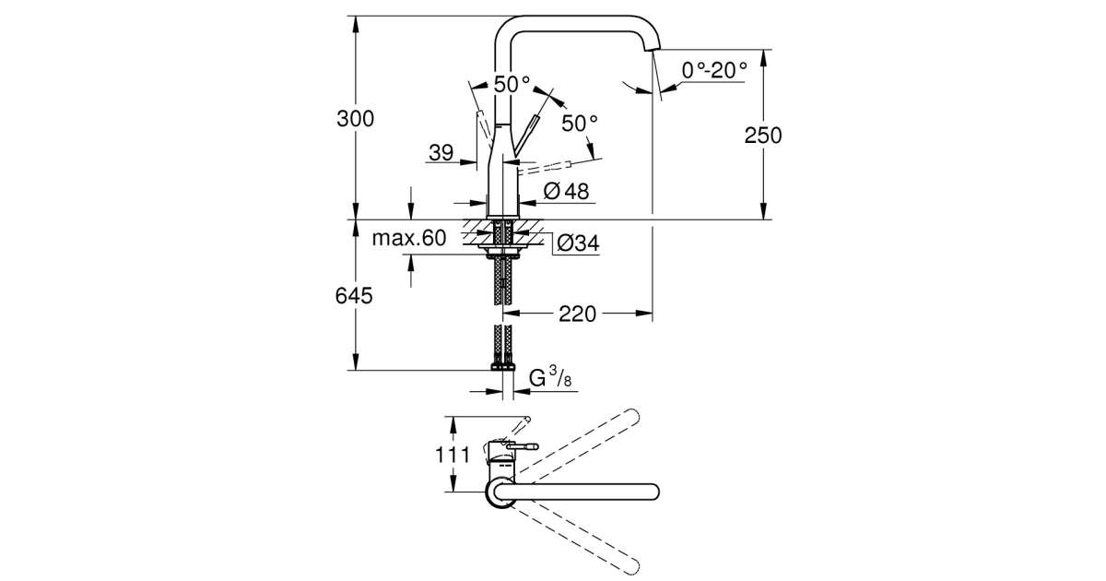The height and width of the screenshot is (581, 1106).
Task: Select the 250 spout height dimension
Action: point(763,135)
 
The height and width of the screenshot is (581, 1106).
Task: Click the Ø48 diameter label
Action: point(566,191)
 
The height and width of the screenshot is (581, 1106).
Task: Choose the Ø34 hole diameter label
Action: point(578,243)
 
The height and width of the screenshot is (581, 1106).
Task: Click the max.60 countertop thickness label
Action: point(408,238)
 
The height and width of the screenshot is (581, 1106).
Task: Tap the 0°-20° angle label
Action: point(714,69)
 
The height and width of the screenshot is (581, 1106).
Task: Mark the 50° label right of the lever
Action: point(581,123)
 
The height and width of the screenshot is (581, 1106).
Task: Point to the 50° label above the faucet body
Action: point(512,83)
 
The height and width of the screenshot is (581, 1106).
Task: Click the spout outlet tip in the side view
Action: point(654,53)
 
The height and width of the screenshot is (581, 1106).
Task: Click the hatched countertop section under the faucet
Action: point(479,233)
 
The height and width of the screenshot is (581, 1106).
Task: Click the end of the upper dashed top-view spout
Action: point(632,415)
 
